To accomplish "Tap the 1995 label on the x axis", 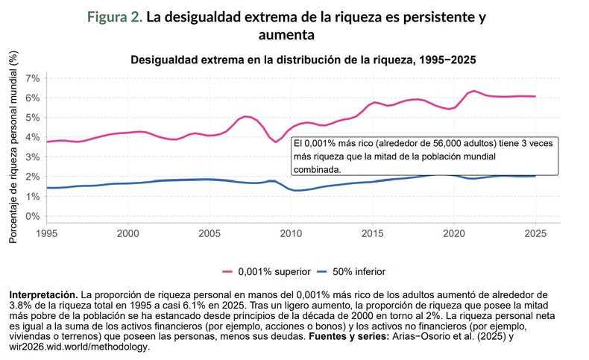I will pos(46,234).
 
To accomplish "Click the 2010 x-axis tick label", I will pos(291,234).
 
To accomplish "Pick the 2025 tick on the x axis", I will pos(535,234).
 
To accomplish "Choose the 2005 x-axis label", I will pos(210,234).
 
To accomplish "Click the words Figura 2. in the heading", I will pos(114,17).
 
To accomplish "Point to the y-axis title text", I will pos(13,146).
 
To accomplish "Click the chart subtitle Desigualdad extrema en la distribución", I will pos(303,60).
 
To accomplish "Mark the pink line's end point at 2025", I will pos(535,96).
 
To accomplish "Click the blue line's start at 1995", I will pos(47,188).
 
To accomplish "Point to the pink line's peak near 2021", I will pos(474,91).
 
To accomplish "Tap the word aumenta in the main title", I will pos(286,35).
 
